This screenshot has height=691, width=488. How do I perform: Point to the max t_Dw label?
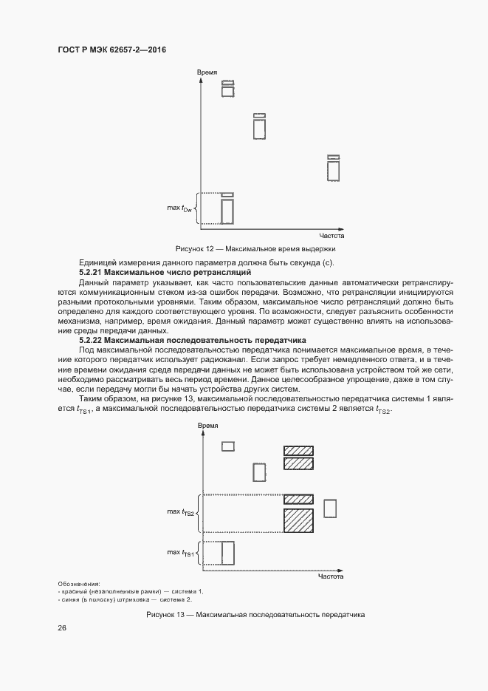(x=179, y=208)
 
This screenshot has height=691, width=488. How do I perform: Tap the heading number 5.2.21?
(x=94, y=273)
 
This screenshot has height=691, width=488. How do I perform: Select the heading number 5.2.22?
(x=94, y=339)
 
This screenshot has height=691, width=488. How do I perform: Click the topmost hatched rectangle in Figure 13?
(x=298, y=450)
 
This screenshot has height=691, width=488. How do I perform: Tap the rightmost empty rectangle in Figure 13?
(x=330, y=508)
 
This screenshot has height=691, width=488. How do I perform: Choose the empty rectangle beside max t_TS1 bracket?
(x=228, y=553)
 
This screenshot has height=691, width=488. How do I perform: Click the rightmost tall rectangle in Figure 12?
(x=333, y=170)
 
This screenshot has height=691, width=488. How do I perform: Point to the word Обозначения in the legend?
(x=78, y=584)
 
